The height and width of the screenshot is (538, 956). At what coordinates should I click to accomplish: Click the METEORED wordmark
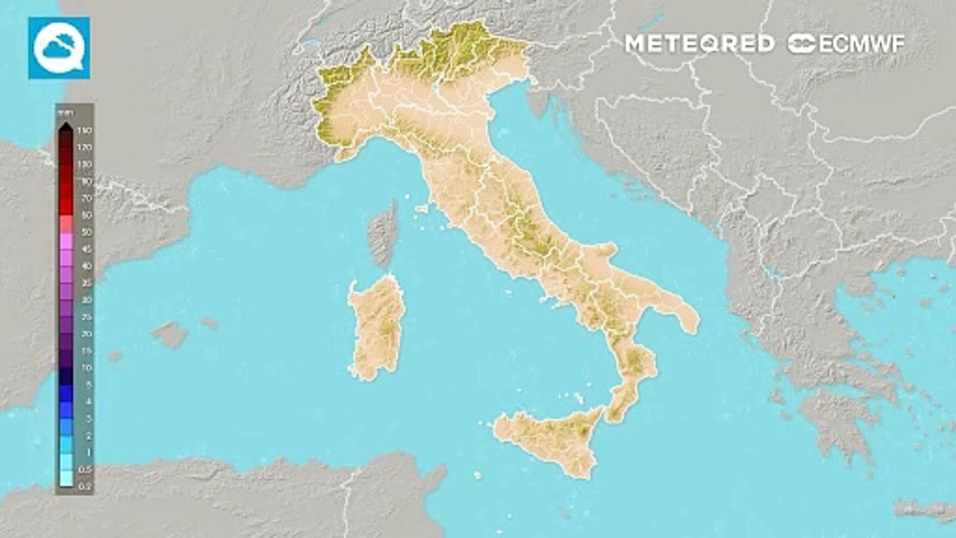click(699, 43)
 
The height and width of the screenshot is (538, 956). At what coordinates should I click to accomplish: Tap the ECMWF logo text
click(846, 43)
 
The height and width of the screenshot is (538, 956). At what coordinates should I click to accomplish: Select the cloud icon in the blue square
click(59, 48)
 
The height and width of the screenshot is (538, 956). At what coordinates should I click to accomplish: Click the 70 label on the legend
click(86, 199)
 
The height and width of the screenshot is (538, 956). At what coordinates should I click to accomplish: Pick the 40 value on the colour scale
click(86, 266)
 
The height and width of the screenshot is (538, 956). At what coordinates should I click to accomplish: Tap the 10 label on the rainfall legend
click(86, 368)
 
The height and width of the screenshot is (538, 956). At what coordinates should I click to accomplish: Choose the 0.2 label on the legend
click(86, 486)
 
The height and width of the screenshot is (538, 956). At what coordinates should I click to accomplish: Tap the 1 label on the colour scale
click(87, 452)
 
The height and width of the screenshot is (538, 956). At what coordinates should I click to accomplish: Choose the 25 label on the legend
click(86, 317)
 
